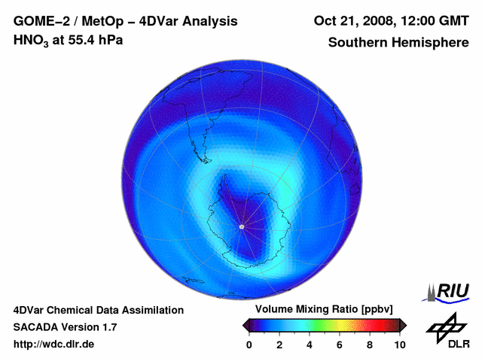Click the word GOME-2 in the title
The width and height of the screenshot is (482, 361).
tap(38, 20)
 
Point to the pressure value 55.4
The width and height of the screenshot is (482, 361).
tap(75, 41)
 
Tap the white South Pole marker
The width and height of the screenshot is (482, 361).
tap(241, 226)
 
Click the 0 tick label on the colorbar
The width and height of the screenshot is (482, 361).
tap(249, 344)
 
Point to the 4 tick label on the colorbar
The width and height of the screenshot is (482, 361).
tap(310, 344)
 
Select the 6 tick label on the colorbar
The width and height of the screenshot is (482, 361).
tap(340, 344)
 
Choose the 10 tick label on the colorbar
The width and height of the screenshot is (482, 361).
tap(399, 344)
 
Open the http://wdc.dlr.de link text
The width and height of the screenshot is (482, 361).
tap(54, 344)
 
